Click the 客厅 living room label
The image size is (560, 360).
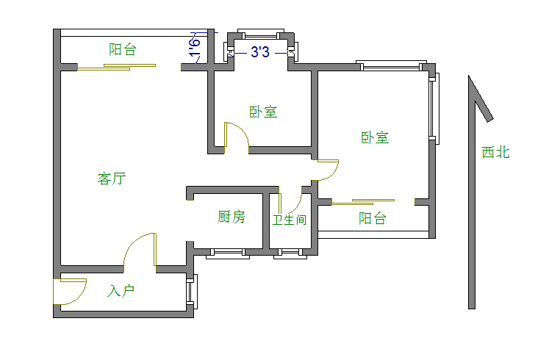[112, 179]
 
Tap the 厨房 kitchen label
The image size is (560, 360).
[231, 217]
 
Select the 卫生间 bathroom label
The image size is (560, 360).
[289, 220]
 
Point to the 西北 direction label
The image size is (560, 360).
[495, 152]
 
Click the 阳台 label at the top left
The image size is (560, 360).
[122, 50]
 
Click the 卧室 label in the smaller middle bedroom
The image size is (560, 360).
[263, 112]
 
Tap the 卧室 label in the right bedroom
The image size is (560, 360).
[375, 137]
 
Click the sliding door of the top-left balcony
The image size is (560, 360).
[118, 68]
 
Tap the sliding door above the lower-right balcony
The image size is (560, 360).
[364, 201]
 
